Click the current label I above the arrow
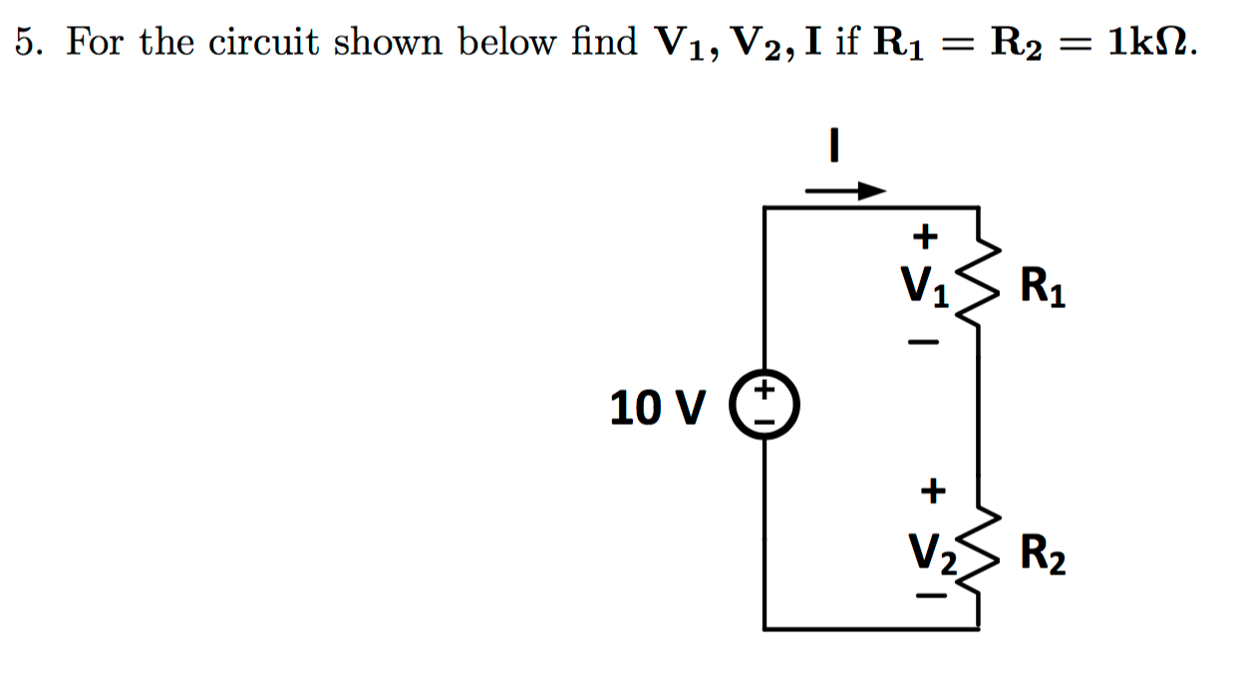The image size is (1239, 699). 835,147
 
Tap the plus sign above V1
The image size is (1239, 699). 926,236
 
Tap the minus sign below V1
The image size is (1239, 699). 924,343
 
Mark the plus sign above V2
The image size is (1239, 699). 930,490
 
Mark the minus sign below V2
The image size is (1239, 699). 930,597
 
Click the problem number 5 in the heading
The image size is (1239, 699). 27,43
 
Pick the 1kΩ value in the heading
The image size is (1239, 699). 1146,43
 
